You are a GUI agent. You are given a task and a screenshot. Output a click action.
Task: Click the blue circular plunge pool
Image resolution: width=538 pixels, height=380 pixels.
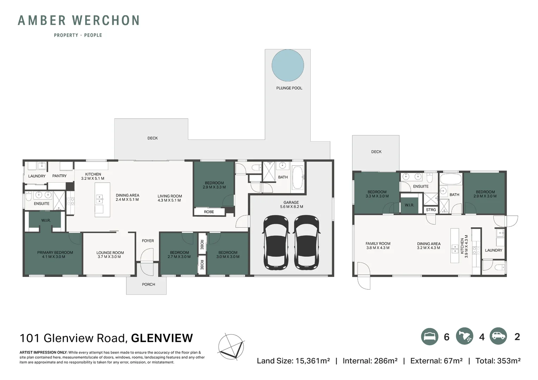pos(288,65)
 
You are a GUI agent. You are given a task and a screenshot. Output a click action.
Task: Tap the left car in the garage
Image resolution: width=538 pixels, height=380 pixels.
pos(276,242)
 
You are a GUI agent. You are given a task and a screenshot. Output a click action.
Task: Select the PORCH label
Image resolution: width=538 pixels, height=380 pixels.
pos(148,284)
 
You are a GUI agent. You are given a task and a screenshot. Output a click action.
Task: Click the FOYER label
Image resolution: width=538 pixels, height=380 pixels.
pos(148,241)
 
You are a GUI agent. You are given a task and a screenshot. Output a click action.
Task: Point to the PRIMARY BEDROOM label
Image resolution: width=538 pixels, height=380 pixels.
pos(55,252)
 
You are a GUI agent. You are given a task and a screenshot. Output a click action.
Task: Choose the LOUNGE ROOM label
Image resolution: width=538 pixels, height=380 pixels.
pos(110,253)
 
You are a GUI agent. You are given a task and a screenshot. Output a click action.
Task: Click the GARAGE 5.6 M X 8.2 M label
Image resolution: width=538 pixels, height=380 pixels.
pos(291,204)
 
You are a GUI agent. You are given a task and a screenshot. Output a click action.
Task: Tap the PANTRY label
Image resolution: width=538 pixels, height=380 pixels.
pos(59,176)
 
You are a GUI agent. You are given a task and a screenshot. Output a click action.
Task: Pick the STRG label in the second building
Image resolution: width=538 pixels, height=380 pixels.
pos(431,210)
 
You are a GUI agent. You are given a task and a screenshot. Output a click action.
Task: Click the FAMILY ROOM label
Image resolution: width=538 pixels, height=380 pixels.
pos(378,243)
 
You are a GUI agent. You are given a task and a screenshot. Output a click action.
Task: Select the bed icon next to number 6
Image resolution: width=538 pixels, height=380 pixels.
pos(430,336)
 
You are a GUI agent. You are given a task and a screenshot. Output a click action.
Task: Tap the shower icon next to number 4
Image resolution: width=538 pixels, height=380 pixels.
pos(464,336)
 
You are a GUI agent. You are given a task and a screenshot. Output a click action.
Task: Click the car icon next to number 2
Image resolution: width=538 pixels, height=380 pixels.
pos(498,336)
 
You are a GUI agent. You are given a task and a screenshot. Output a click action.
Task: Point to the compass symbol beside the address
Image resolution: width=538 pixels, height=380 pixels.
pos(231,347)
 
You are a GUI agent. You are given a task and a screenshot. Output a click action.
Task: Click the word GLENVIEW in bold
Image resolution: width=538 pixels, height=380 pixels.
pos(162,338)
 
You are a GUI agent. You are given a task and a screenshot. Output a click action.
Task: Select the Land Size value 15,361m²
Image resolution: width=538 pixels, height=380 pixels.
pos(312,361)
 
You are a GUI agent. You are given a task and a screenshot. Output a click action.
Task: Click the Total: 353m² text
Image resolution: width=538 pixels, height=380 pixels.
pos(498,361)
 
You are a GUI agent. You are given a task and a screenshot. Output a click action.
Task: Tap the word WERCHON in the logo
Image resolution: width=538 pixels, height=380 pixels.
pos(106,20)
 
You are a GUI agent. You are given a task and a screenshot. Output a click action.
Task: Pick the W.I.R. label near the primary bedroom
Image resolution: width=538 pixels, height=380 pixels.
pos(46,220)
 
